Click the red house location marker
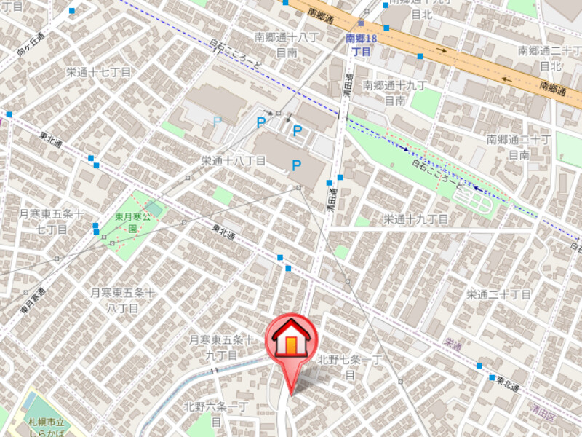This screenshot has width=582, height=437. click(x=290, y=343)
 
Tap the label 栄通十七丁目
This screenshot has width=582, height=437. click(x=98, y=72)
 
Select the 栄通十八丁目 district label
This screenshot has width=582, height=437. click(x=233, y=160)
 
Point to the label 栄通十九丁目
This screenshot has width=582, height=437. click(x=416, y=219)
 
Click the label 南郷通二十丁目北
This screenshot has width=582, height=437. click(x=547, y=58)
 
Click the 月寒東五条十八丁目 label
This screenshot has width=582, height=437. click(x=122, y=299)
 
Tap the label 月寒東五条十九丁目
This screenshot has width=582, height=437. click(x=220, y=347)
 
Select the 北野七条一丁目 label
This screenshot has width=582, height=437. click(x=349, y=367)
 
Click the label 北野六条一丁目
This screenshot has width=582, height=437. click(x=216, y=414)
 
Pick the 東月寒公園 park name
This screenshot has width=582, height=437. click(x=132, y=222)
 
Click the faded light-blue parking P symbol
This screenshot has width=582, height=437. click(x=216, y=120)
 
